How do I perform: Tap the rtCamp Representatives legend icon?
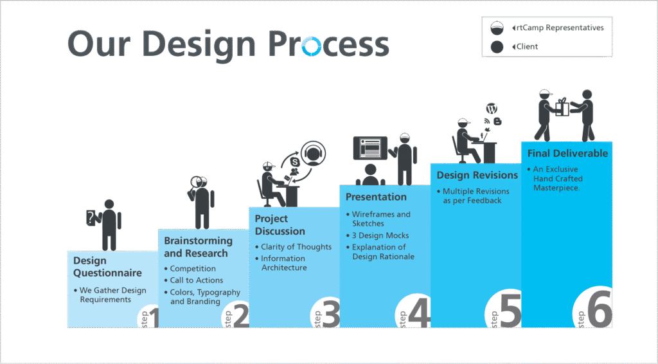[x=497, y=28]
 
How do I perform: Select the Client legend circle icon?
[x=497, y=46]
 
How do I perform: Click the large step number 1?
[x=153, y=318]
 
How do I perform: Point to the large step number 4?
[x=419, y=313]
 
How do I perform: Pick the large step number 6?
[x=600, y=309]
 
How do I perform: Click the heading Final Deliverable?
[x=567, y=153]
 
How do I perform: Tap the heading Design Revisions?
[x=477, y=175]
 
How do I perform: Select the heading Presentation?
[x=376, y=197]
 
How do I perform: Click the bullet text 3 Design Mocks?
[x=380, y=235]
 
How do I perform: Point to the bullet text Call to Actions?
[x=197, y=280]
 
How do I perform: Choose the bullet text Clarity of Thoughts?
[x=296, y=247]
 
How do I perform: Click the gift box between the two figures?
[x=562, y=107]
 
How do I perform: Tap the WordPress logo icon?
[x=492, y=109]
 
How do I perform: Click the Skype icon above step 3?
[x=294, y=162]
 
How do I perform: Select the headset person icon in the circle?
[x=313, y=154]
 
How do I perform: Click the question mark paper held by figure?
[x=91, y=217]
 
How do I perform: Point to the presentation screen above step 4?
[x=370, y=148]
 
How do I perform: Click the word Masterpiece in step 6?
[x=556, y=188]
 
